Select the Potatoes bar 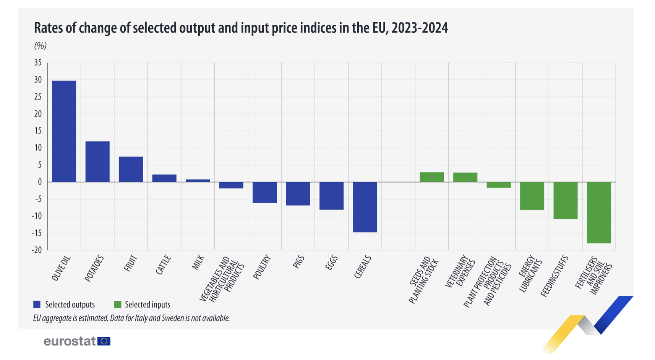tap(97, 162)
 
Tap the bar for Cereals tap(365, 207)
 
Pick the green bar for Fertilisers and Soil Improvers tap(599, 212)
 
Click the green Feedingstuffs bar tap(566, 200)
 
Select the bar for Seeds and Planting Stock tap(432, 177)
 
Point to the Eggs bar tap(331, 196)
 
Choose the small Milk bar tap(198, 180)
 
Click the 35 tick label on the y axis tap(38, 63)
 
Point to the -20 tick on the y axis tap(37, 250)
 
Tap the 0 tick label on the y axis tap(40, 182)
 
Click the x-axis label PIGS tap(298, 262)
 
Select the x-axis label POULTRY tap(262, 268)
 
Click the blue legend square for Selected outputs tap(37, 305)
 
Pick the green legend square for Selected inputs tap(118, 305)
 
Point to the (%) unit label tap(41, 46)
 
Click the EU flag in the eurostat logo tap(104, 341)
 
